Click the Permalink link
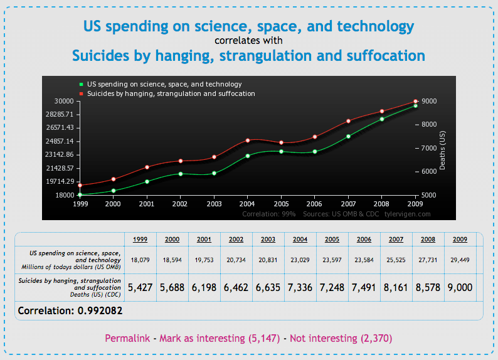pos(127,339)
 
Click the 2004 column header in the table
pos(300,239)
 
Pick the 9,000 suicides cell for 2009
pos(460,288)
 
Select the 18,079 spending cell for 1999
pos(140,259)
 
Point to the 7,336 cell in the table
pos(300,288)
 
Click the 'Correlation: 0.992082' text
pos(70,310)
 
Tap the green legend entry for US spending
pos(164,84)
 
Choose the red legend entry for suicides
pos(171,93)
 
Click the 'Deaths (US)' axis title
pos(442,148)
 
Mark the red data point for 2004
pos(248,140)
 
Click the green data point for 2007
pos(348,136)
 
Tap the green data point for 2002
pos(181,174)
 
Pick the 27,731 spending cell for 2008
pos(428,259)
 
